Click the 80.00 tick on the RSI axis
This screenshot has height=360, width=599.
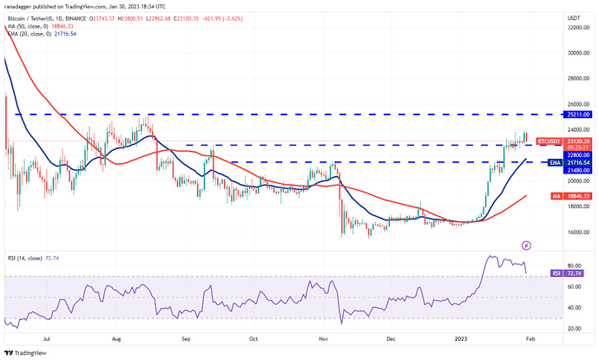574,265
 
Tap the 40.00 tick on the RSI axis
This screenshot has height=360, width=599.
574,307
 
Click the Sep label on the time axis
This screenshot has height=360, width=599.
186,340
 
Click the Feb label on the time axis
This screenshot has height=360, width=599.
531,340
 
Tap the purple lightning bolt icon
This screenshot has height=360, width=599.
526,246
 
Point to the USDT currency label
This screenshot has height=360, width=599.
572,16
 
